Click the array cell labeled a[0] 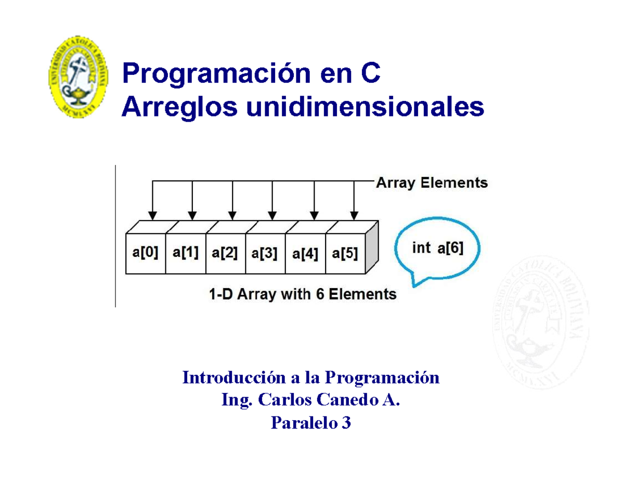[x=146, y=253]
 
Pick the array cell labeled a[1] [x=186, y=253]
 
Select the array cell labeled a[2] [x=225, y=253]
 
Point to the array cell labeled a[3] [x=265, y=253]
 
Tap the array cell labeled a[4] [x=305, y=253]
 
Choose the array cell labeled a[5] [x=345, y=253]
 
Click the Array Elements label [x=432, y=183]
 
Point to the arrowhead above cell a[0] [x=152, y=215]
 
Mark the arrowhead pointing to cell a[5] [x=354, y=215]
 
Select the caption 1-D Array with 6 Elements [x=300, y=294]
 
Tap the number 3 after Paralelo [x=346, y=424]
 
